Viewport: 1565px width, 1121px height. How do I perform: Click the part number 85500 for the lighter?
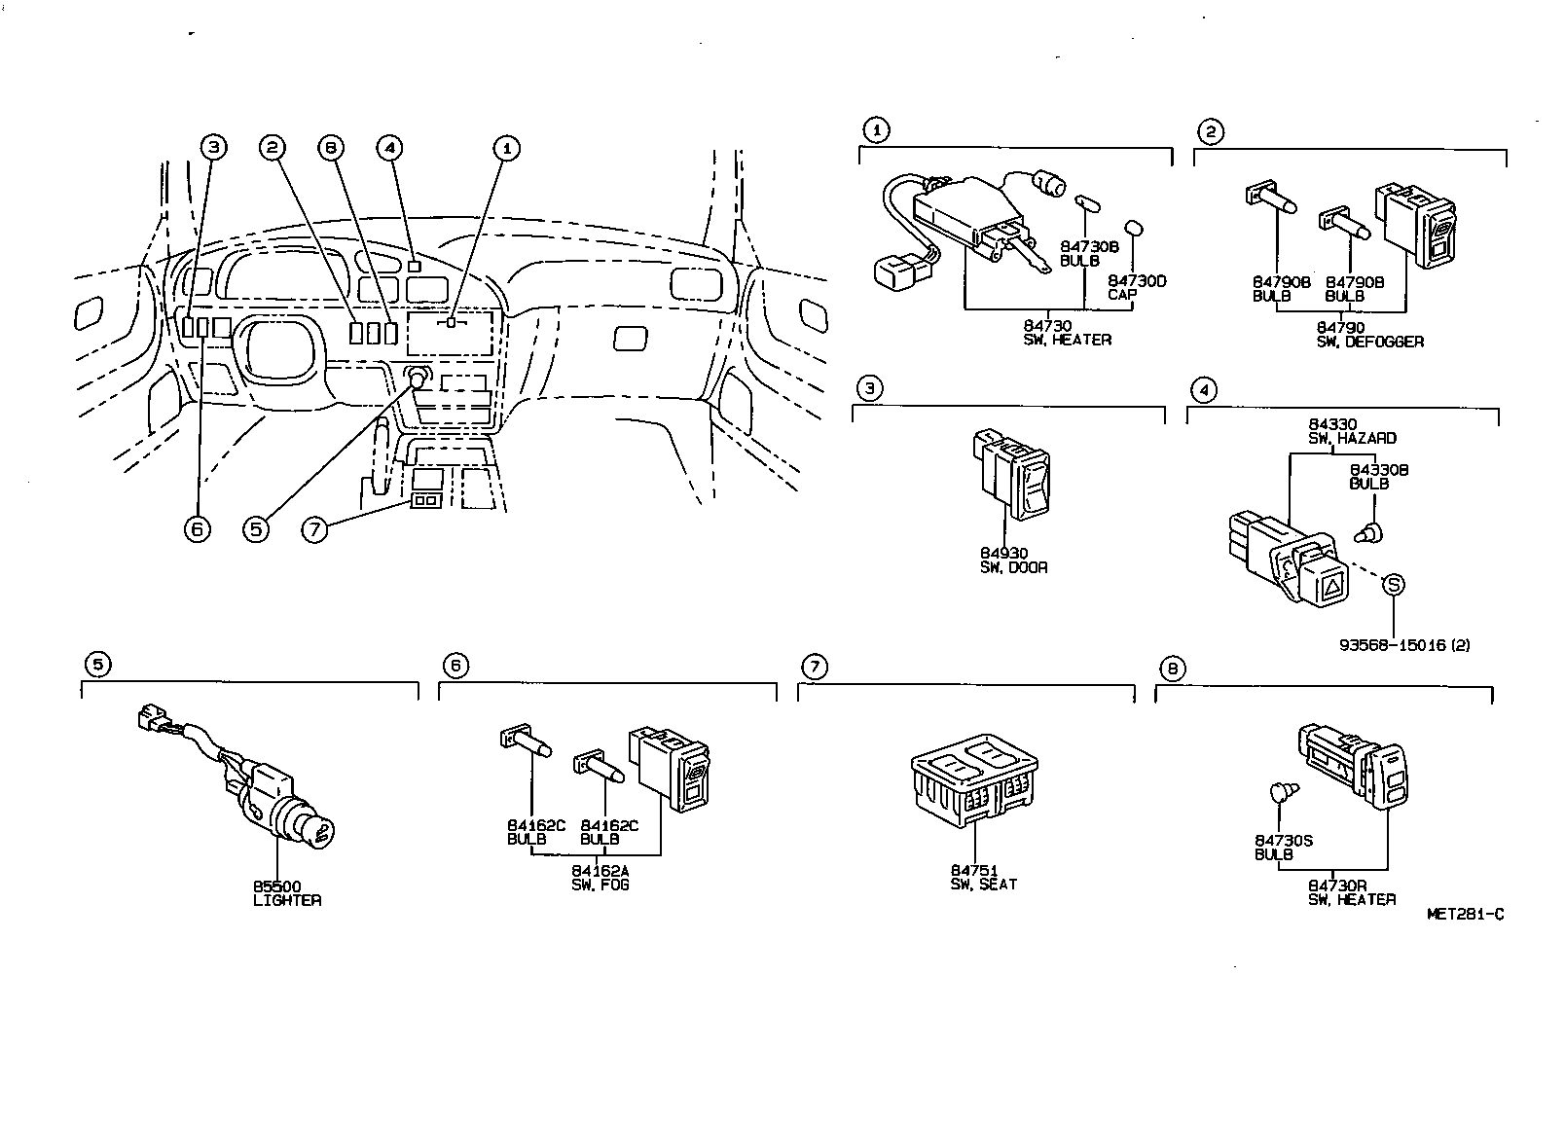[x=276, y=886]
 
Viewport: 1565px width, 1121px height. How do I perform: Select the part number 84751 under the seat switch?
[x=970, y=870]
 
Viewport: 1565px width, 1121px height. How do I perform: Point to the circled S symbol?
[x=1394, y=584]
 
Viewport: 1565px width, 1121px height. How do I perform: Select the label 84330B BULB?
[x=1378, y=476]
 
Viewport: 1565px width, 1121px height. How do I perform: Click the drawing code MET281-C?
[x=1465, y=914]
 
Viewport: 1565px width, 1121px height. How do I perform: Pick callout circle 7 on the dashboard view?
[x=313, y=529]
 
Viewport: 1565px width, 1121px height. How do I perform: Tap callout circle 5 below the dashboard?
[x=255, y=528]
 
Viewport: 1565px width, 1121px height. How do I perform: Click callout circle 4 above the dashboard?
[x=388, y=147]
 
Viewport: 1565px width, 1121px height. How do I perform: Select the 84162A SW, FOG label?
[x=600, y=877]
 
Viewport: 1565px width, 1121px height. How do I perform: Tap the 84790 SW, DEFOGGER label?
[x=1369, y=335]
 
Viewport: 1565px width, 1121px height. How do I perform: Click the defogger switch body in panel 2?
[x=1416, y=226]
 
